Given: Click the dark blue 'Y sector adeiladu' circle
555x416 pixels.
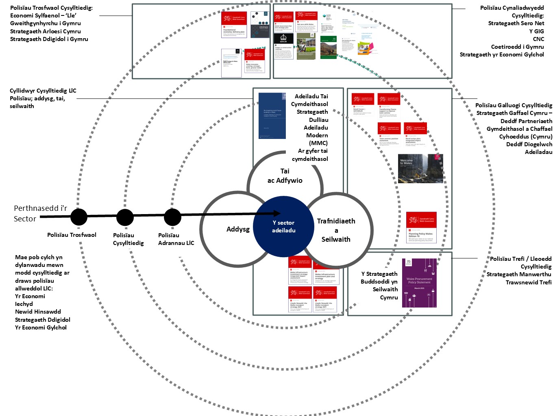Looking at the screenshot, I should [283, 227].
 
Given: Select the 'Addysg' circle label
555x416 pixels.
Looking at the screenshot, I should [238, 229].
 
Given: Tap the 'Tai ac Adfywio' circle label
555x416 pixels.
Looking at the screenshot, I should [285, 176].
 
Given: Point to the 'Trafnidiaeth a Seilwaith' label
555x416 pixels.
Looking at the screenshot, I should [336, 230].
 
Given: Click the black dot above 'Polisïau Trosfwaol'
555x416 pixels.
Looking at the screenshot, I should [79, 217].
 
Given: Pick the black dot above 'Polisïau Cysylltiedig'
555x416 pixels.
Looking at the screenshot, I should [125, 217].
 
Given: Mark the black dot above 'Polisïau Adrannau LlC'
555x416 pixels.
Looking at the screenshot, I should [172, 217].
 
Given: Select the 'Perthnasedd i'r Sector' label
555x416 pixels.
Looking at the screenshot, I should [40, 214].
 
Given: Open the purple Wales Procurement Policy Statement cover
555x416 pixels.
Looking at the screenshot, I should [419, 283].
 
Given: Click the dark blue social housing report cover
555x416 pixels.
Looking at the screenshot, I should [272, 116].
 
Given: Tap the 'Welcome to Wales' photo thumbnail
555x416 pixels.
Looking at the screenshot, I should [420, 168].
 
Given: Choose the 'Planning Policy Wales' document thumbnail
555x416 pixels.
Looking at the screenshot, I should [422, 227].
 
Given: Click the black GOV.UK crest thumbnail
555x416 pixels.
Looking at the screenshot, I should [283, 39].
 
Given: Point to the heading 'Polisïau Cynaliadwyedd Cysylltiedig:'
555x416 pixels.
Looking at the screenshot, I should [511, 12].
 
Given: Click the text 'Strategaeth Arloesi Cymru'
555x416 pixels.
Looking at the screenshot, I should [46, 31].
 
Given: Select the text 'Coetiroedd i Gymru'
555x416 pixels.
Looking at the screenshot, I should [517, 47].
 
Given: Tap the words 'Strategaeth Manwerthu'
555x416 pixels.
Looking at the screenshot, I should [519, 274].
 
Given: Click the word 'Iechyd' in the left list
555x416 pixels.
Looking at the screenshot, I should [24, 304].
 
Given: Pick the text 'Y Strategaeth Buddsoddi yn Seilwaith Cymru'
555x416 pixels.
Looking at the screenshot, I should [379, 286].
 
